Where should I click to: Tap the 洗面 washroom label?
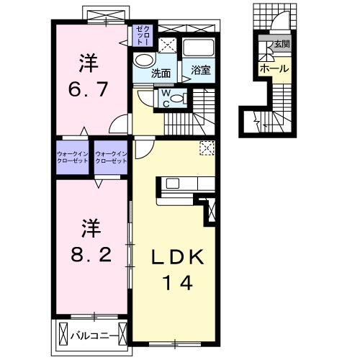[x=161, y=73]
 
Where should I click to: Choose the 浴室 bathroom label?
[x=201, y=70]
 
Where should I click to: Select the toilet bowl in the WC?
[x=181, y=98]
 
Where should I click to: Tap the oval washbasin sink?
[x=144, y=60]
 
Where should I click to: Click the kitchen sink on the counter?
[x=172, y=183]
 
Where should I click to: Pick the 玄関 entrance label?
[x=281, y=45]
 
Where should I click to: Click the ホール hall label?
[x=274, y=68]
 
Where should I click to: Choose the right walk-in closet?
[x=111, y=156]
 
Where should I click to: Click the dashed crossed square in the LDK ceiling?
[x=207, y=148]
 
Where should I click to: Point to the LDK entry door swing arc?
[x=142, y=147]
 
